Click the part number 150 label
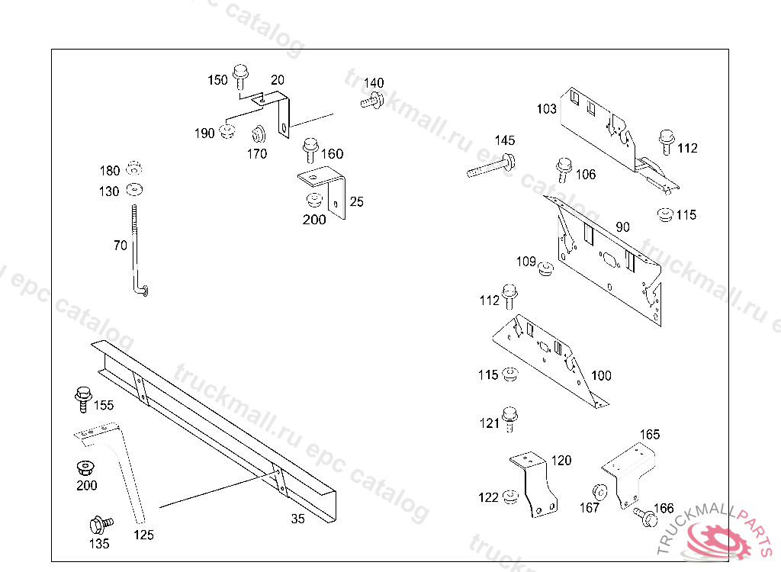tap(217, 80)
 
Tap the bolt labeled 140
tap(372, 100)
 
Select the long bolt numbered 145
tap(491, 165)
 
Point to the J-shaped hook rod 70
tap(137, 252)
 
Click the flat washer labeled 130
tap(136, 188)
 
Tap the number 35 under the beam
tap(297, 519)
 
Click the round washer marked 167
tap(600, 492)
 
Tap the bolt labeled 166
tap(645, 517)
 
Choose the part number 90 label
tap(623, 227)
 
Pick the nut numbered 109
tap(546, 268)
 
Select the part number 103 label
tap(546, 109)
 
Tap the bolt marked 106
tap(564, 169)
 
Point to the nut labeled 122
tap(511, 498)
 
